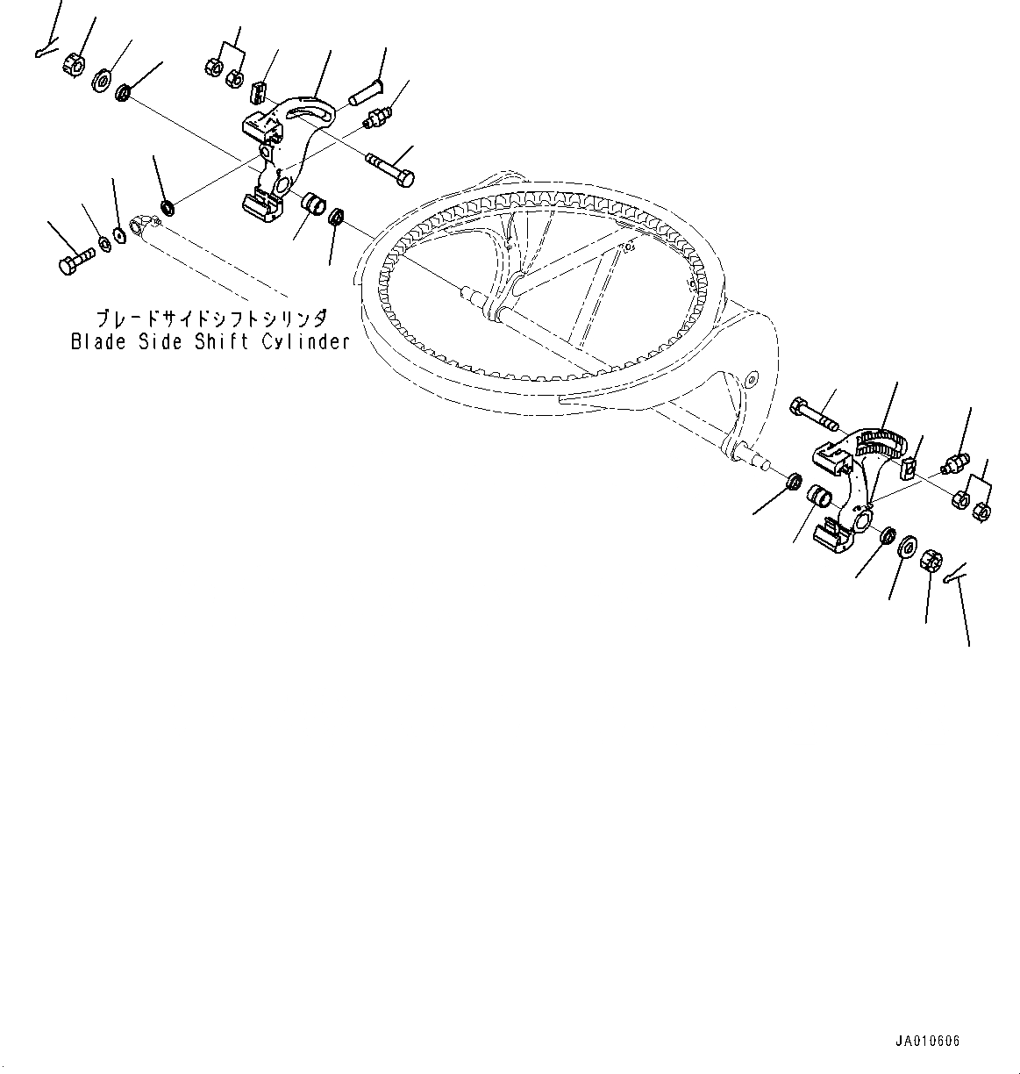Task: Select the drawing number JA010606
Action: point(927,1042)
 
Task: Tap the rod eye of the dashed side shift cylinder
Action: point(140,226)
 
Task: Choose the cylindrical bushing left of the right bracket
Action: point(820,496)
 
